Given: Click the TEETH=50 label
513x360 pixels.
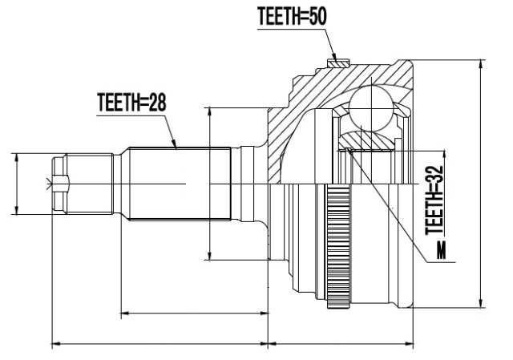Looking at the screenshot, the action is pyautogui.click(x=292, y=16).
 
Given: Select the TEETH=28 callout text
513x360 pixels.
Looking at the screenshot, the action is pyautogui.click(x=131, y=102).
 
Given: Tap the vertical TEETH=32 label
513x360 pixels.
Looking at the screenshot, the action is pyautogui.click(x=434, y=200).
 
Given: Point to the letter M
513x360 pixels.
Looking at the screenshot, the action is pyautogui.click(x=441, y=249).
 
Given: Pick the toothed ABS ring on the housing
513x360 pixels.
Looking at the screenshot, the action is pyautogui.click(x=338, y=246).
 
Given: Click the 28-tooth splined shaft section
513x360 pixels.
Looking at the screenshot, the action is pyautogui.click(x=180, y=184).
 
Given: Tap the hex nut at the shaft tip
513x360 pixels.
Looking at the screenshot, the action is pyautogui.click(x=60, y=184).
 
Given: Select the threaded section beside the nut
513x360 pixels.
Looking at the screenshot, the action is pyautogui.click(x=89, y=184).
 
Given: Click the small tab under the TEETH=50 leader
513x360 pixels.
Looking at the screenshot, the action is pyautogui.click(x=339, y=63).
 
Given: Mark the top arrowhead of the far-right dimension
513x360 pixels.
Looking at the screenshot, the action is pyautogui.click(x=481, y=64).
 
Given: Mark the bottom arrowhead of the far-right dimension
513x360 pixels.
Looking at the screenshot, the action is pyautogui.click(x=481, y=303).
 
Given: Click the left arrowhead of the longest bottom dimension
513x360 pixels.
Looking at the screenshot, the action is pyautogui.click(x=57, y=344).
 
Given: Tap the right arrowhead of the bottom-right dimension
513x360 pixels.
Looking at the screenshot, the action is pyautogui.click(x=409, y=344).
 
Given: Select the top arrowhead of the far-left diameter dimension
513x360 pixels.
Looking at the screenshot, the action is pyautogui.click(x=16, y=158).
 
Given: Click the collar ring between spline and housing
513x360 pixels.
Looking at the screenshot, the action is pyautogui.click(x=247, y=184).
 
